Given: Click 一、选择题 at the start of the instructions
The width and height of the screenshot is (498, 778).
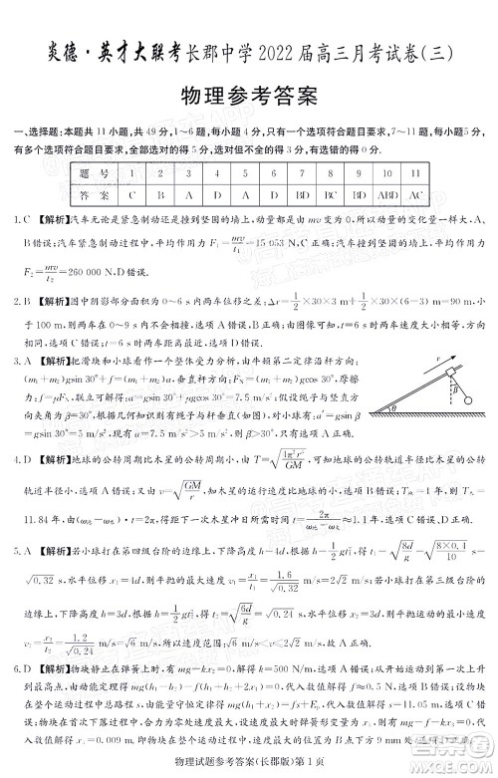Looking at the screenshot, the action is click(x=33, y=132).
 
